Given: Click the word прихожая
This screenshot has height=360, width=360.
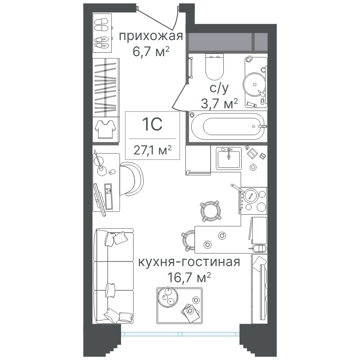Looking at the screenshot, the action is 151,36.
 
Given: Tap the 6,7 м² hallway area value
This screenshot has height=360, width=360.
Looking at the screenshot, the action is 151,51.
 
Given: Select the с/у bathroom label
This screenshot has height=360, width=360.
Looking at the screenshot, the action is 219,88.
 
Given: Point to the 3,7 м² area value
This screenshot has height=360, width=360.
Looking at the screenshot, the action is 219,103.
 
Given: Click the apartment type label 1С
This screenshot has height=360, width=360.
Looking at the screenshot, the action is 152,125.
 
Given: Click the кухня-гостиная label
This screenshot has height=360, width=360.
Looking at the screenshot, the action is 189,262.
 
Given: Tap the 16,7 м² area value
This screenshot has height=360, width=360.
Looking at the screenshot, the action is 189,277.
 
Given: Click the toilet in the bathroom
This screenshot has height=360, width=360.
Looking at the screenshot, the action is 215,67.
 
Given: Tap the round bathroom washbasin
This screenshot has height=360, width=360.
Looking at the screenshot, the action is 254,85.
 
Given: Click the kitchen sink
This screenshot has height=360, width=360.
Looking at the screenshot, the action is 229,158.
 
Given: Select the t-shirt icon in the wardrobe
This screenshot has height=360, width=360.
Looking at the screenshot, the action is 105,129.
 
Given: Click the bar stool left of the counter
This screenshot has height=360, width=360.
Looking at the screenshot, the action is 189,240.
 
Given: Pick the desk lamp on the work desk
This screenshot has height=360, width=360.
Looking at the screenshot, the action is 100,163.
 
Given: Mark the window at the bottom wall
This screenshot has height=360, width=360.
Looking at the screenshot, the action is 180,334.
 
